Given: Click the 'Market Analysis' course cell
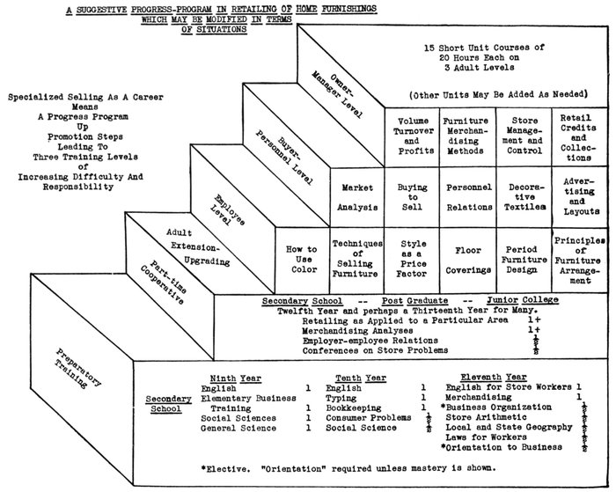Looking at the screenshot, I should (x=357, y=199).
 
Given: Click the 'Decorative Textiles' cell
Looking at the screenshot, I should (x=524, y=199).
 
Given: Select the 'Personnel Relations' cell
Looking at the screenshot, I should (x=468, y=199).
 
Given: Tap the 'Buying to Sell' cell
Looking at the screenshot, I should (x=413, y=199).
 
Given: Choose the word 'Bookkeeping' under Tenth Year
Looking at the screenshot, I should (x=354, y=408).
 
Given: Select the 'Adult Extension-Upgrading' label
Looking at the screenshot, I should (x=193, y=247).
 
